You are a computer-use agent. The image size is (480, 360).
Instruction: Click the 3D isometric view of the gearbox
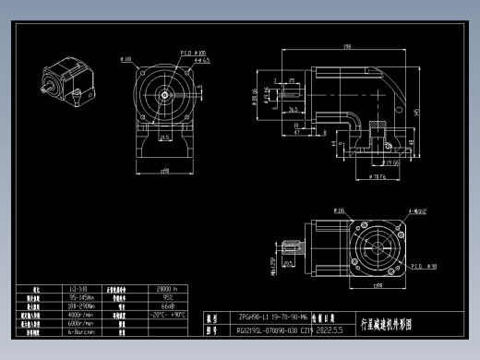click(67, 80)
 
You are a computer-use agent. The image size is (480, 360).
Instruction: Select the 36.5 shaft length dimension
click(294, 109)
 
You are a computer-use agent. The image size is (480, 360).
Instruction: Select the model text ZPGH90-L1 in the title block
click(268, 315)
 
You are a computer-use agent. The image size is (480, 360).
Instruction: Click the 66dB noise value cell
click(168, 306)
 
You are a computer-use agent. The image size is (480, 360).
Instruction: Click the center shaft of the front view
click(164, 93)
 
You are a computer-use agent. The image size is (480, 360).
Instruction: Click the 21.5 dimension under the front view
click(163, 138)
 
